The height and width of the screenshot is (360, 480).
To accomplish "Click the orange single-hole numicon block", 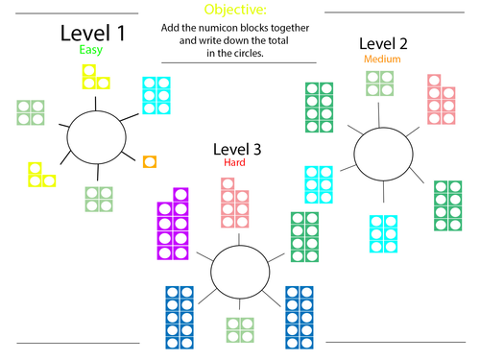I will [x=149, y=161].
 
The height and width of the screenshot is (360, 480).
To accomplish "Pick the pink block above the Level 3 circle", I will [x=235, y=203].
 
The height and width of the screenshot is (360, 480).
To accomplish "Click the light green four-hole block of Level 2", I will [x=379, y=83].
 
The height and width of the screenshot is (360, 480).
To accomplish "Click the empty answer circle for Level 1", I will [x=101, y=136].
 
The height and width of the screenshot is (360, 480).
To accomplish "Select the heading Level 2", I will [x=384, y=43].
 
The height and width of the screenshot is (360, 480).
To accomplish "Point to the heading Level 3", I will [x=239, y=150].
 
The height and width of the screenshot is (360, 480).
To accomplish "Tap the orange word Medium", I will [x=382, y=59].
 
